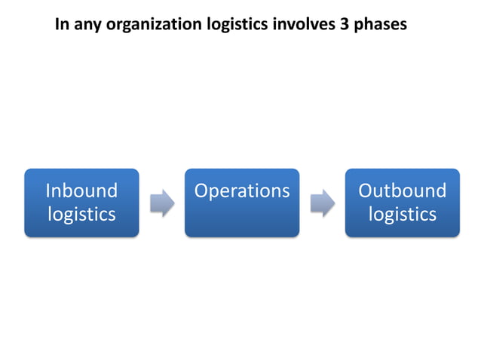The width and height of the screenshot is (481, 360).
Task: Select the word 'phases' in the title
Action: point(381,25)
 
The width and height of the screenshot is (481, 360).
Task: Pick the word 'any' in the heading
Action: point(87,26)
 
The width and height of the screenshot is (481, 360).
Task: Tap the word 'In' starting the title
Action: point(63,24)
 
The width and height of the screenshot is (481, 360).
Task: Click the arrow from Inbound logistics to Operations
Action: point(162,203)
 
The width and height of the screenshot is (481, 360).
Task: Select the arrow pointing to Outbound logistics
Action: point(323,203)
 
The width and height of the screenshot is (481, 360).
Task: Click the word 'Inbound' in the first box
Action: point(81,191)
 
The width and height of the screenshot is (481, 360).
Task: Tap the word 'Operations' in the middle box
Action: point(242,191)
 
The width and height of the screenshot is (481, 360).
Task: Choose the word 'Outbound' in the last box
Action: point(403,191)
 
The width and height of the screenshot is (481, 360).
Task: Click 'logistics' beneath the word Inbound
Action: point(81,215)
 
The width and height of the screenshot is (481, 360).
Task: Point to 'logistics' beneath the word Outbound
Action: point(403,215)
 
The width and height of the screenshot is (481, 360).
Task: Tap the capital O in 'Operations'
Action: point(202,191)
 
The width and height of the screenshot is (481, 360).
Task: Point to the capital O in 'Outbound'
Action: point(366,191)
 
